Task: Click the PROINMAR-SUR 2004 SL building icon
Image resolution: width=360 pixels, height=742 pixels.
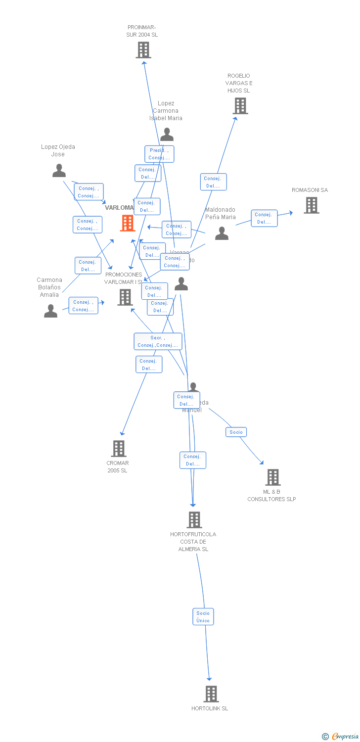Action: [x=143, y=50]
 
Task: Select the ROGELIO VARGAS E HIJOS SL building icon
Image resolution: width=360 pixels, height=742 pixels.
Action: [x=240, y=106]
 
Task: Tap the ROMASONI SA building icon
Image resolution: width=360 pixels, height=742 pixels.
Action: [x=311, y=205]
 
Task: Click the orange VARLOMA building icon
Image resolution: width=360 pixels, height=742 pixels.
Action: [x=128, y=223]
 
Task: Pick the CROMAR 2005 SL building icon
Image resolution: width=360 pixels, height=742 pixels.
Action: [x=119, y=449]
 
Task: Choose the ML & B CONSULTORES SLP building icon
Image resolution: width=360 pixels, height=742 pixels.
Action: [x=273, y=477]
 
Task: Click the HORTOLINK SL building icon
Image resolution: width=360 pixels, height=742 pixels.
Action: [x=211, y=694]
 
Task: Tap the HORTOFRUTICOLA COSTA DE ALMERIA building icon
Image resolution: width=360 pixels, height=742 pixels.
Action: [x=194, y=520]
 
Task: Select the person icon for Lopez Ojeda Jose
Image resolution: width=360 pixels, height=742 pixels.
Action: [x=59, y=171]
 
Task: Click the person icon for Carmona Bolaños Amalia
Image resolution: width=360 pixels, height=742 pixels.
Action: [x=50, y=311]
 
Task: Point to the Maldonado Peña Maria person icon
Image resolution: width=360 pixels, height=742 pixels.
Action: [x=222, y=233]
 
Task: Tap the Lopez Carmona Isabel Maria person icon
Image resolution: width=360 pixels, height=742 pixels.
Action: [x=167, y=135]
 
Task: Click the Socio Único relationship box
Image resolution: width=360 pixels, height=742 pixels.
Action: [x=203, y=617]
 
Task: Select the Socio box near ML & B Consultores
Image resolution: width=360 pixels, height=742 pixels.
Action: [x=236, y=432]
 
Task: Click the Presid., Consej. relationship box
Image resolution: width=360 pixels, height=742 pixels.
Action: [x=159, y=154]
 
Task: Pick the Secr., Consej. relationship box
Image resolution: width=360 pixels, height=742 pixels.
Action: [x=158, y=341]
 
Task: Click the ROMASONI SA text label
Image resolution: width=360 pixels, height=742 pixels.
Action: [x=310, y=190]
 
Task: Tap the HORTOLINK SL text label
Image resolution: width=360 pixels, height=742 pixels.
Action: [x=210, y=708]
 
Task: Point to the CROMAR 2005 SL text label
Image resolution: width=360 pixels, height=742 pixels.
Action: [x=118, y=466]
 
